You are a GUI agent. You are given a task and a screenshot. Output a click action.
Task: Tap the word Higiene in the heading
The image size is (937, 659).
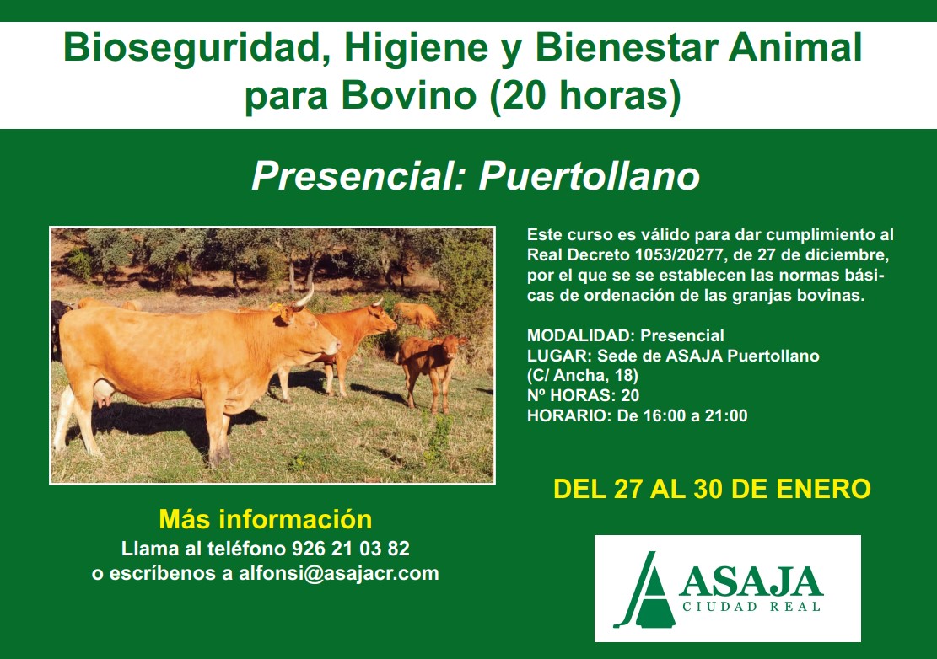coord(416,48)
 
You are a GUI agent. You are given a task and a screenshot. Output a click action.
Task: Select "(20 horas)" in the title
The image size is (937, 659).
coord(585,94)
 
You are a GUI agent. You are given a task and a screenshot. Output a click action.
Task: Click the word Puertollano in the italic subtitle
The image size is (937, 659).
coord(590,176)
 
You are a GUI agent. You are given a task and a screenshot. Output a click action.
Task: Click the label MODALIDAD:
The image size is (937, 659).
coord(581,335)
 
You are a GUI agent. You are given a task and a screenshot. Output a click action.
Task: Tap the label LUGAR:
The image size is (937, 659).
coord(559,356)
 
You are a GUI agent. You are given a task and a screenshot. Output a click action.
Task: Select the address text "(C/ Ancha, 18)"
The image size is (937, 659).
coord(583,376)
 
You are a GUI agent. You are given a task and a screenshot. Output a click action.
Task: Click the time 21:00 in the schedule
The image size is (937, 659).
coord(726,415)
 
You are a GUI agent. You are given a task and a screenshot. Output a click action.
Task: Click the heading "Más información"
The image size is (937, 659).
coord(266,519)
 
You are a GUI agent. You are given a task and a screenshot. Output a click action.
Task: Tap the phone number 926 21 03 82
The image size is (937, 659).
coord(351,549)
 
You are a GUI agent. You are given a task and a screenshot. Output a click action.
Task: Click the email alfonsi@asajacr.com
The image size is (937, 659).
coord(339,573)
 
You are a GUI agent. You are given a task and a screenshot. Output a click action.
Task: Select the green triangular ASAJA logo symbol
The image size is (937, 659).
coord(646,591)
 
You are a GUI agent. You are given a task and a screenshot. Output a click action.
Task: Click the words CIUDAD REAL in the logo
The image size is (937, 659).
coord(751,607)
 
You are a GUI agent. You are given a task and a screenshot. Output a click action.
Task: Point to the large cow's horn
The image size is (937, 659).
coord(305,297)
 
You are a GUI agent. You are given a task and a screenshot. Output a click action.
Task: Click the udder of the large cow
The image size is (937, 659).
coord(103,394)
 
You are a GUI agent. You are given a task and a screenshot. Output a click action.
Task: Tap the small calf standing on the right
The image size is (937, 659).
coord(430,369)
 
